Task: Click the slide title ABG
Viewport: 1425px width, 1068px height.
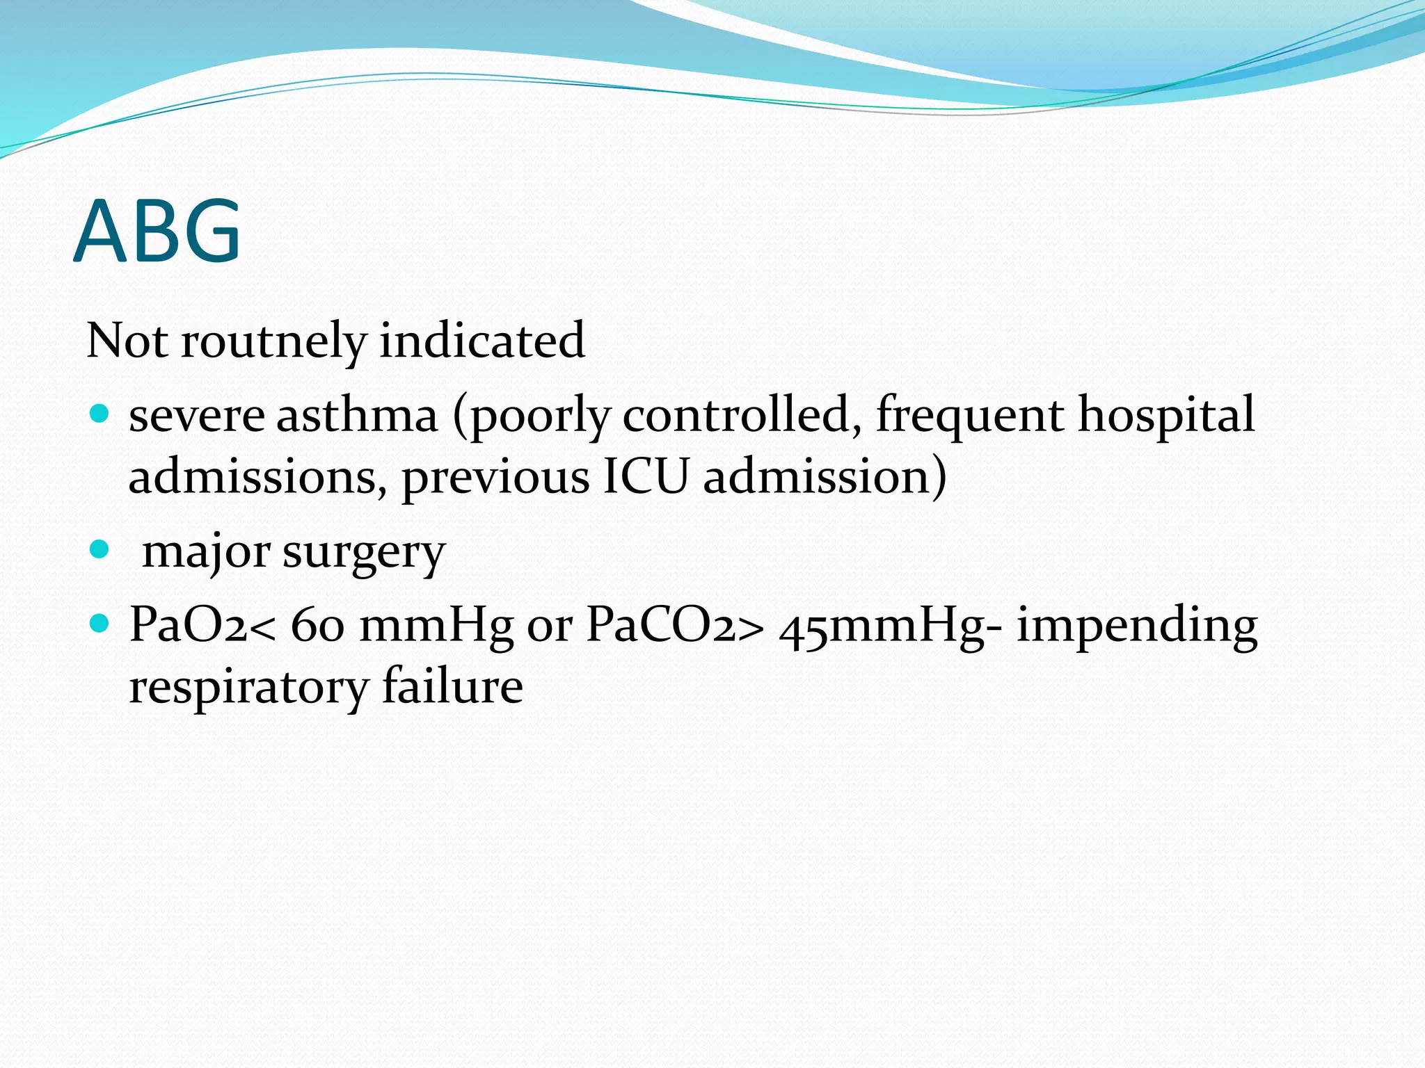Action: point(157,231)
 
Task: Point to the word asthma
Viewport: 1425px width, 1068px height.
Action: point(357,416)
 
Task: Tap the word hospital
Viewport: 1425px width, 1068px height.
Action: point(1167,416)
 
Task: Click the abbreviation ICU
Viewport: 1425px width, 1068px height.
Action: point(646,478)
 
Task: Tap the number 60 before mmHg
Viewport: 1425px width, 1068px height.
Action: point(317,624)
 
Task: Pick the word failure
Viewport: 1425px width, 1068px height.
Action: point(452,687)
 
